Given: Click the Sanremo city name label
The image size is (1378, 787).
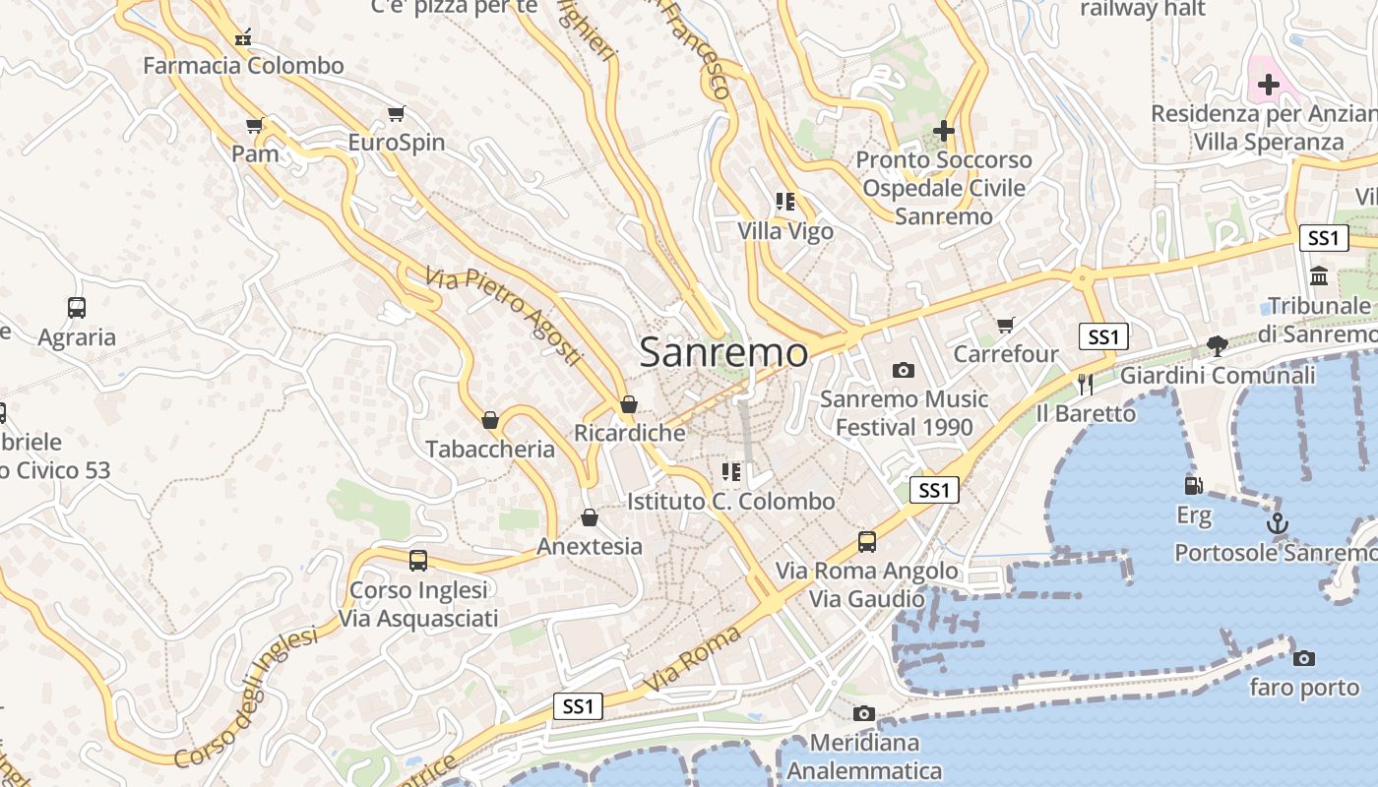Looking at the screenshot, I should coord(723,352).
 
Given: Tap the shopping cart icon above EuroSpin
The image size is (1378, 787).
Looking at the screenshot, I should coord(397,114).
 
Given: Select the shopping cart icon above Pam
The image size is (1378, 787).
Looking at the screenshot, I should coord(255,126).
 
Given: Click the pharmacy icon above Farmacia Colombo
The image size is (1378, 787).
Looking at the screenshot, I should coord(243,38).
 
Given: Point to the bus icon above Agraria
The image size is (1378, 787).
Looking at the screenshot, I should coord(77,308).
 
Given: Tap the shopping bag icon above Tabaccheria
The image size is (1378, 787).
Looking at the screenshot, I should coord(490,421).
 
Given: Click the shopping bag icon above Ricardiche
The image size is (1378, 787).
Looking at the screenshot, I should coord(629,404).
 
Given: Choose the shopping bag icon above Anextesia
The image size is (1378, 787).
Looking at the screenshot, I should coord(590,517).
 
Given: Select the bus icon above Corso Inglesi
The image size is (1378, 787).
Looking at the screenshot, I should coord(418,561).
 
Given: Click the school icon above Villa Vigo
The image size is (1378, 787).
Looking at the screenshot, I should coord(784,202).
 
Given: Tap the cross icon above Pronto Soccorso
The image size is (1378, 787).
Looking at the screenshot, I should coord(944,130).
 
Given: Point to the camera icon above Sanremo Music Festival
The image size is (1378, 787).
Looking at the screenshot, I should coord(903,370).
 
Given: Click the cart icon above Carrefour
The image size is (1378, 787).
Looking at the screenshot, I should coord(1005,325).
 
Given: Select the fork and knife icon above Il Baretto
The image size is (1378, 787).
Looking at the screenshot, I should coord(1086,384).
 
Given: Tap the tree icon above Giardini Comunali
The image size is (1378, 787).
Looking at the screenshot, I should coord(1218,345).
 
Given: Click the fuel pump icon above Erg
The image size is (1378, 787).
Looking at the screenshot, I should coord(1193,485).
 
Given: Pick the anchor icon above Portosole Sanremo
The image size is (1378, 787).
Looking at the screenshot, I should coord(1277,523).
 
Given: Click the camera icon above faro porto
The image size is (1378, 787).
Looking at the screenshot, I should coord(1304,658).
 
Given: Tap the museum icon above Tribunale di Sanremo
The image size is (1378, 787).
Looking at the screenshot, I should coord(1319,276).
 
